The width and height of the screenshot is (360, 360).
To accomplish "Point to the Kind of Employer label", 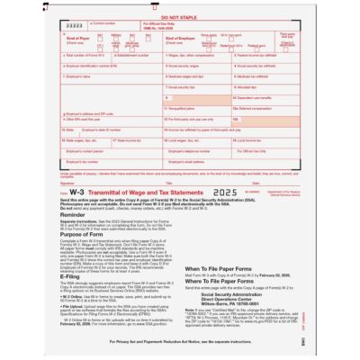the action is click(x=181, y=39).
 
